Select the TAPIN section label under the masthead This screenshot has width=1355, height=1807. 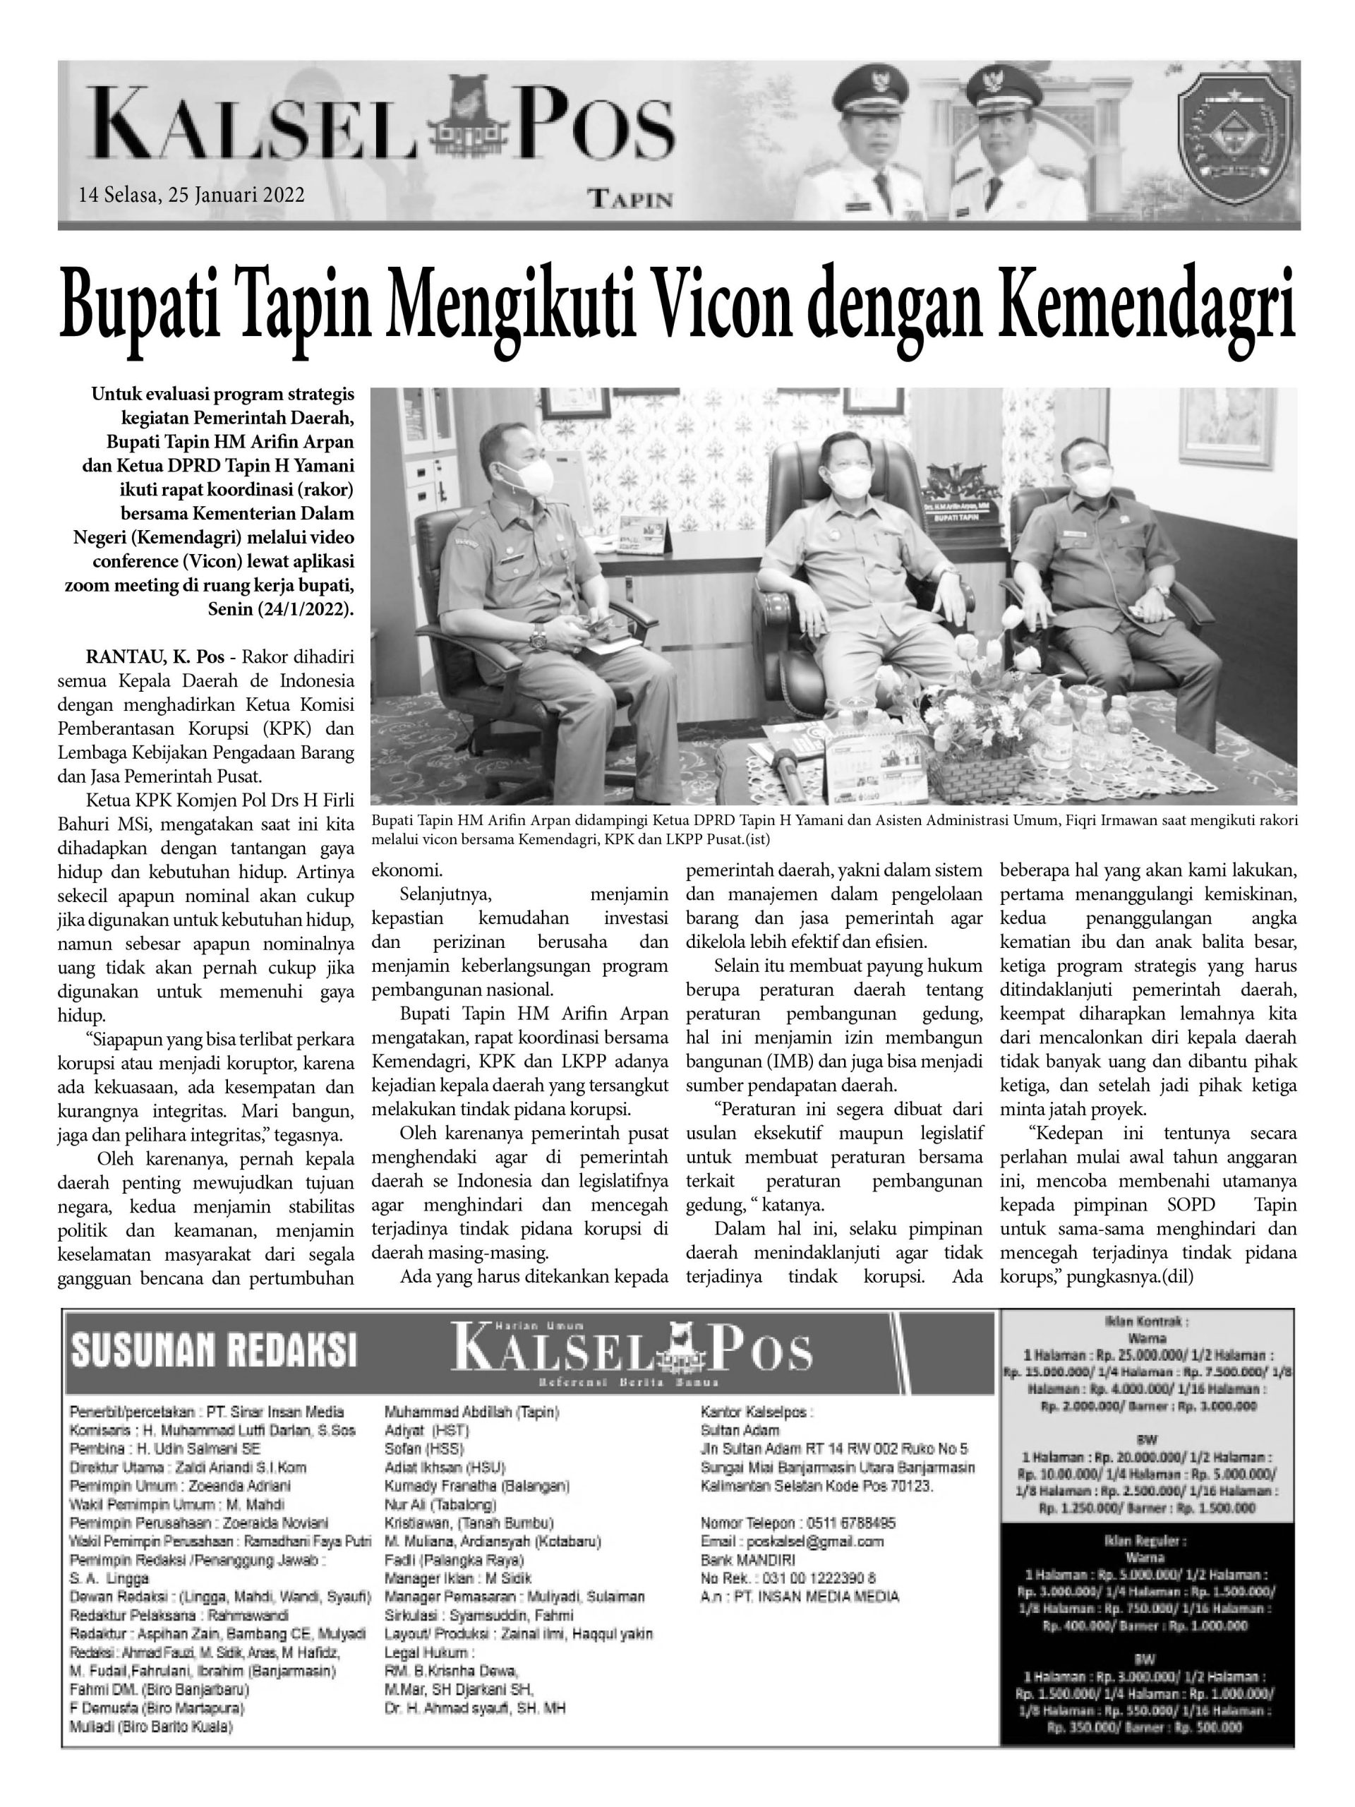coord(630,198)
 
